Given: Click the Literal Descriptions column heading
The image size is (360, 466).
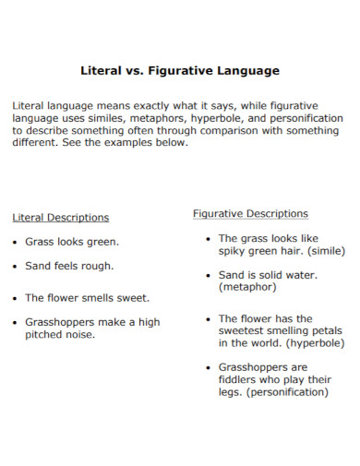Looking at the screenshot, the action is click(x=60, y=218).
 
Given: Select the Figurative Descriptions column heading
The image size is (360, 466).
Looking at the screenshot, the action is click(x=250, y=213).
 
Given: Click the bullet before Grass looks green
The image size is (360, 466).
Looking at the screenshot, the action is click(x=15, y=242).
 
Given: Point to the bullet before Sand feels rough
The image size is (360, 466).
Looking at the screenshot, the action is click(x=15, y=266).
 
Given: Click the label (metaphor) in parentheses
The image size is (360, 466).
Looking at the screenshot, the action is click(x=249, y=287).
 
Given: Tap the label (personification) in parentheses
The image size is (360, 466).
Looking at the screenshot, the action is click(x=282, y=391).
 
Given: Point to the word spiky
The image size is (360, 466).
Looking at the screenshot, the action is click(x=234, y=250).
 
